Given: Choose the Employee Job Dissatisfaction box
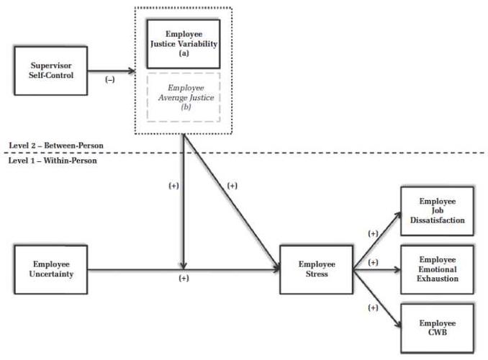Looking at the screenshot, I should point(437,210).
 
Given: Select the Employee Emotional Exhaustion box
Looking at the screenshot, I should point(437,269).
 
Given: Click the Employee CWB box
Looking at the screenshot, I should point(437,328).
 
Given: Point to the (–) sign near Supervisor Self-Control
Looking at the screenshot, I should point(110,79).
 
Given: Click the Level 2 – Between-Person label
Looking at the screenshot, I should point(56,145).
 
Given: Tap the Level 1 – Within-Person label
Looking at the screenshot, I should point(53,160).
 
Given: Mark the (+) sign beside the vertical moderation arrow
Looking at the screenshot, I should point(173,185).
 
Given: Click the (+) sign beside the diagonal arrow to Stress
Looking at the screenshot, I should point(232,185).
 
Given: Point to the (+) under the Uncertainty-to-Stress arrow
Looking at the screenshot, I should point(184,279).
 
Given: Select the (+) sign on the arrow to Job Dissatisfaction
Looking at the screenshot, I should point(372,233).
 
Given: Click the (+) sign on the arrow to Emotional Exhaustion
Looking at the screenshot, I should point(373,262).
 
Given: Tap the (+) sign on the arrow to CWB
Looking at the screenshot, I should point(372,307).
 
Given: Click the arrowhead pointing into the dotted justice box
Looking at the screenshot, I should point(132,71).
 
